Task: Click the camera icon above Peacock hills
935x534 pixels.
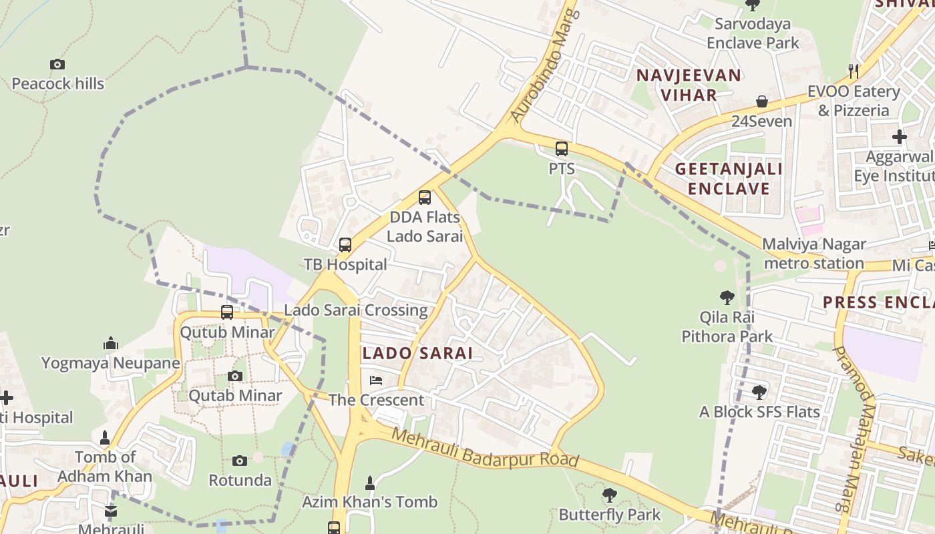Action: tap(57, 65)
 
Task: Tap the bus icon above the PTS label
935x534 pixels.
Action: tap(562, 149)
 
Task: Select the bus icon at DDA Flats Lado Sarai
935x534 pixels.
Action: tap(425, 198)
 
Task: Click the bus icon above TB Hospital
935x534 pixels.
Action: tap(345, 245)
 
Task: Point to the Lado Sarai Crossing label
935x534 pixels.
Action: tap(355, 310)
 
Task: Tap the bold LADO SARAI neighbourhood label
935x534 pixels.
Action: tap(417, 353)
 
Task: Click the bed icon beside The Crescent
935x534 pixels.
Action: tap(376, 380)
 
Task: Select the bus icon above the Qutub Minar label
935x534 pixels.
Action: tap(227, 312)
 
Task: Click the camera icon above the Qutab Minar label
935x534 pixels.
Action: tap(234, 376)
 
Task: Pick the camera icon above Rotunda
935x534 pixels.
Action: tap(240, 461)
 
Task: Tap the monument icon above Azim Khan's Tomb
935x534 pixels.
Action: tap(370, 482)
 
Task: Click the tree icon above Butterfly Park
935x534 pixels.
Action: tap(609, 495)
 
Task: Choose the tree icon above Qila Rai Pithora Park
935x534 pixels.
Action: tap(727, 298)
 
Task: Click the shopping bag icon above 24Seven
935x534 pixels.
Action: tap(762, 101)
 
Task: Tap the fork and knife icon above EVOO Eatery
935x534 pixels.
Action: tap(853, 71)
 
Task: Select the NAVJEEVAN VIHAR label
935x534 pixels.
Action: tap(689, 85)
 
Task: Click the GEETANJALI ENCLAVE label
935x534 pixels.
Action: tap(729, 178)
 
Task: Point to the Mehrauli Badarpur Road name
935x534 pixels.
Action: tap(484, 448)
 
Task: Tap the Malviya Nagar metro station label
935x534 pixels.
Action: tap(814, 254)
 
